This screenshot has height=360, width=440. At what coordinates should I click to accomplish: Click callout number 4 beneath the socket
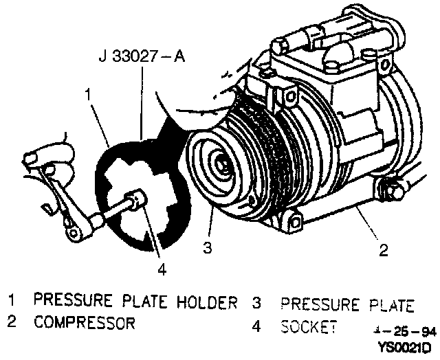pos(162,269)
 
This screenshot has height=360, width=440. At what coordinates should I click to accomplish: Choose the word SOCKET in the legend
pos(309,326)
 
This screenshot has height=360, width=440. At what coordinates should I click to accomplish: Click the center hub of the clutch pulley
pos(222,166)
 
